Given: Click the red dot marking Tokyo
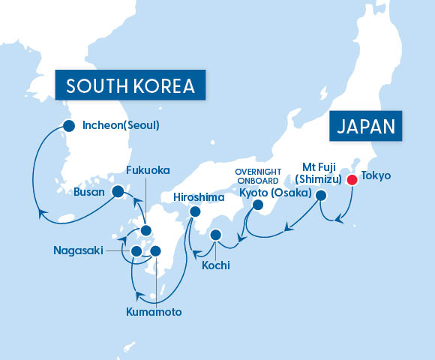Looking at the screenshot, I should tap(351, 179).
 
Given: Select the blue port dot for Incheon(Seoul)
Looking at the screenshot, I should tap(69, 126).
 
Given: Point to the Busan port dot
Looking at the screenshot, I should tap(118, 191).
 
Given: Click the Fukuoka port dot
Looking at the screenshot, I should tap(146, 231).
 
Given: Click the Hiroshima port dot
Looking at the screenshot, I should tap(195, 212).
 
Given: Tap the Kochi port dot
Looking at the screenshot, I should tap(216, 235).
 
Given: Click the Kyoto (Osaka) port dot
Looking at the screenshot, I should tap(258, 205).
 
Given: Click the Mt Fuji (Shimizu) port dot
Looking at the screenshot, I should tap(321, 196).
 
